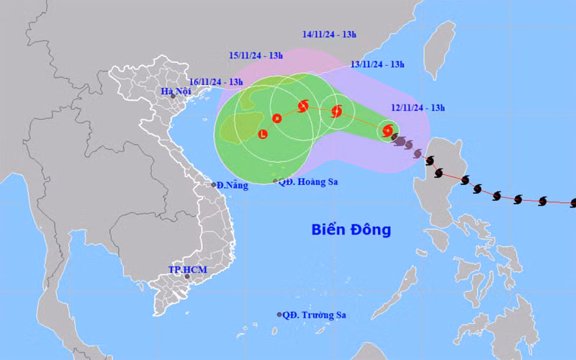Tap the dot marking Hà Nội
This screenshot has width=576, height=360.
(x=173, y=97)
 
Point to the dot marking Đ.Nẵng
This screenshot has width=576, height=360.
(x=214, y=184)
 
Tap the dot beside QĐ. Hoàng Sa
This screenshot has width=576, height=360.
(x=276, y=181)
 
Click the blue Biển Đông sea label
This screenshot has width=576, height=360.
(x=351, y=230)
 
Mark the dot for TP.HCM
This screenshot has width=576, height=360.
(x=187, y=276)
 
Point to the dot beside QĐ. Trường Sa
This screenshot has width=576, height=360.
(x=279, y=315)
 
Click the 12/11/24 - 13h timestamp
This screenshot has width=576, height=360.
(x=418, y=108)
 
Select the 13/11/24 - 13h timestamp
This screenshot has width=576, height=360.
(x=377, y=64)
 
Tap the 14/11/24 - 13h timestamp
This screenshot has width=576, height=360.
(x=330, y=34)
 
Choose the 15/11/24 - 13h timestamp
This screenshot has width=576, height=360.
(x=256, y=55)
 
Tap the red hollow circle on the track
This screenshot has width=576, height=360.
(x=276, y=118)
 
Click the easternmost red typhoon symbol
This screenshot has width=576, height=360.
(x=388, y=131)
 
